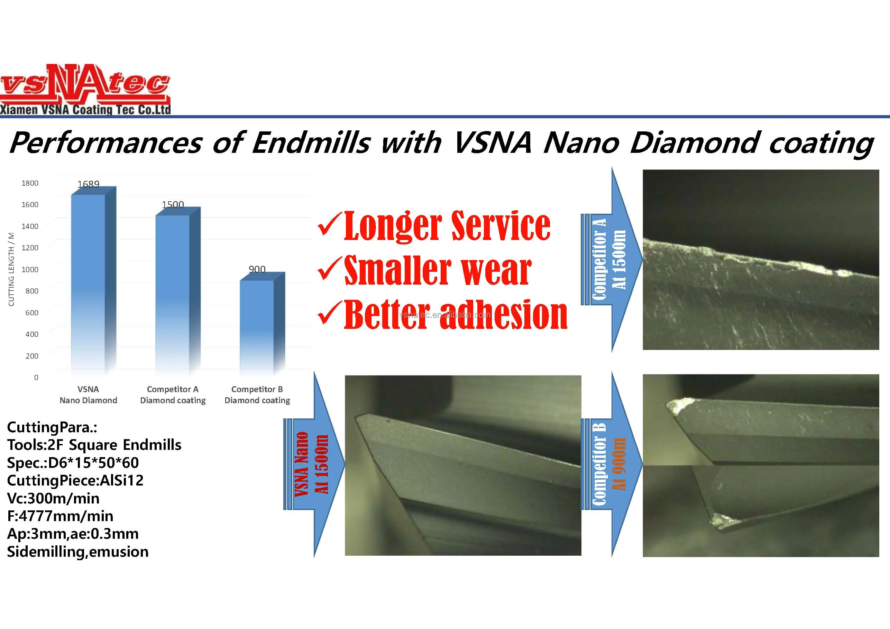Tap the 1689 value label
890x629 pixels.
(89, 184)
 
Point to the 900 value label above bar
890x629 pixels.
(257, 269)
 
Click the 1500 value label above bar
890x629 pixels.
(173, 204)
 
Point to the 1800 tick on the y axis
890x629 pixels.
(30, 183)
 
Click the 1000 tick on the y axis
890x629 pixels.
(30, 269)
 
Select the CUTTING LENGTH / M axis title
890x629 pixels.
(11, 269)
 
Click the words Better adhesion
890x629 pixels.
(456, 315)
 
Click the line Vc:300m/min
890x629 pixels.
(53, 498)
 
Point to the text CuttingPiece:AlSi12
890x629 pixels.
(75, 480)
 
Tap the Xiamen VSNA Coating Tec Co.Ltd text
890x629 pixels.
(85, 110)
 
